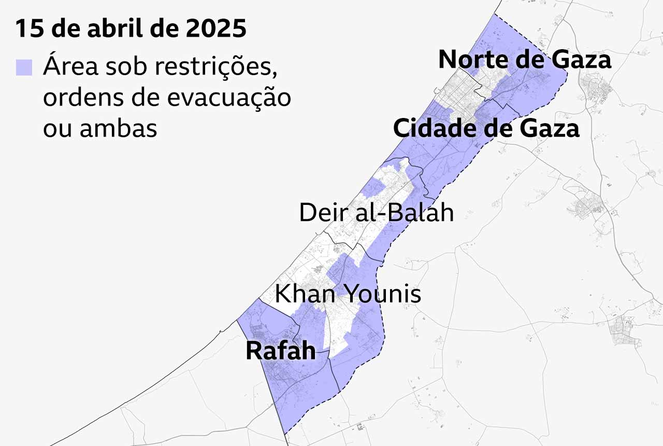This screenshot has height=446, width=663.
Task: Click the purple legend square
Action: point(24,67)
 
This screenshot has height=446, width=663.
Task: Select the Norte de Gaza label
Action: point(525,60)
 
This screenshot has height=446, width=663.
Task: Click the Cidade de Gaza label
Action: point(486,128)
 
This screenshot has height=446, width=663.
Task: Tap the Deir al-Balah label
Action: point(377,213)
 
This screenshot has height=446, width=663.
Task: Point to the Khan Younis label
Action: point(348,294)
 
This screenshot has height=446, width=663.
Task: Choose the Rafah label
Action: point(280,351)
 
